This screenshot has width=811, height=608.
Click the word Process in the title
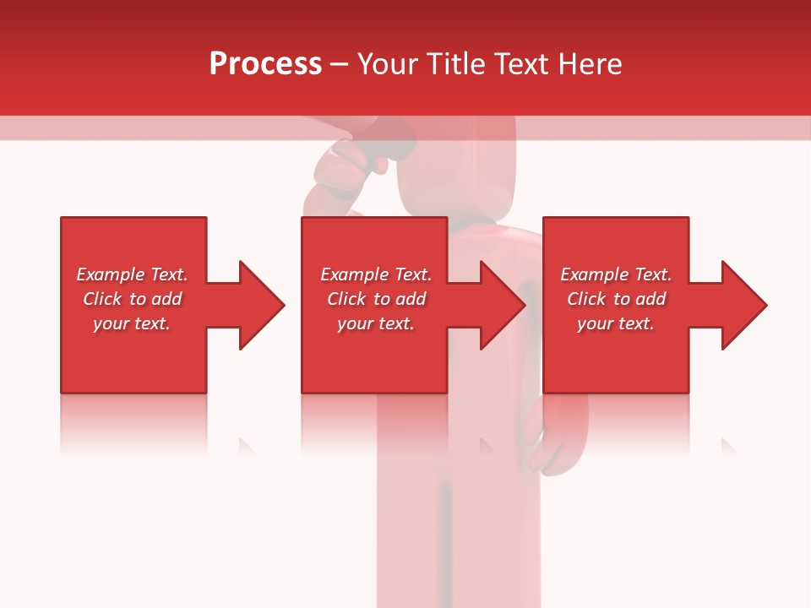point(265,64)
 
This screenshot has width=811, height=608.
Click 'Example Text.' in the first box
point(132,274)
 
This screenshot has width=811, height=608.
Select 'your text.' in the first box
point(132,323)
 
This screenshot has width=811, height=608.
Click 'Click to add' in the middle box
point(376,299)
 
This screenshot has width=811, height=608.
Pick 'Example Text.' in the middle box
point(376,274)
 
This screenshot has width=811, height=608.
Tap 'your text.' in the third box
point(616,323)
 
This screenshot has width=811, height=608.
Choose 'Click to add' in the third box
point(616,299)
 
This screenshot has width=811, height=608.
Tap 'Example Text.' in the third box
point(616,274)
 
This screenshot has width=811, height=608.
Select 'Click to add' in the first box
point(132,299)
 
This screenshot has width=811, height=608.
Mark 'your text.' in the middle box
point(376,323)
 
